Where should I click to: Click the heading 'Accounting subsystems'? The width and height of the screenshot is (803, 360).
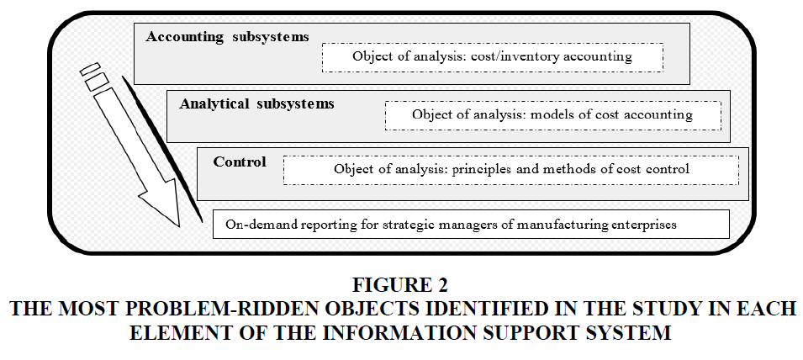227,37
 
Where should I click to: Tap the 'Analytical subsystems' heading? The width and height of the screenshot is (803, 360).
256,104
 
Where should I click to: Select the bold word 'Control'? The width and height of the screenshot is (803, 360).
240,161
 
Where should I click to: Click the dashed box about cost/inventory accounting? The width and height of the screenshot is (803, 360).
493,57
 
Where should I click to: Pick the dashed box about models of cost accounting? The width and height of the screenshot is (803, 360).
553,115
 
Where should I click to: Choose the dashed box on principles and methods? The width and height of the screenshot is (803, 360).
511,170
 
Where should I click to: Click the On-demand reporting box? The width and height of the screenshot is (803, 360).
471,225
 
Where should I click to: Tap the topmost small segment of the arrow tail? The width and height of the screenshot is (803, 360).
90,69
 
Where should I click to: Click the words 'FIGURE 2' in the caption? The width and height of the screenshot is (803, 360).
400,285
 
